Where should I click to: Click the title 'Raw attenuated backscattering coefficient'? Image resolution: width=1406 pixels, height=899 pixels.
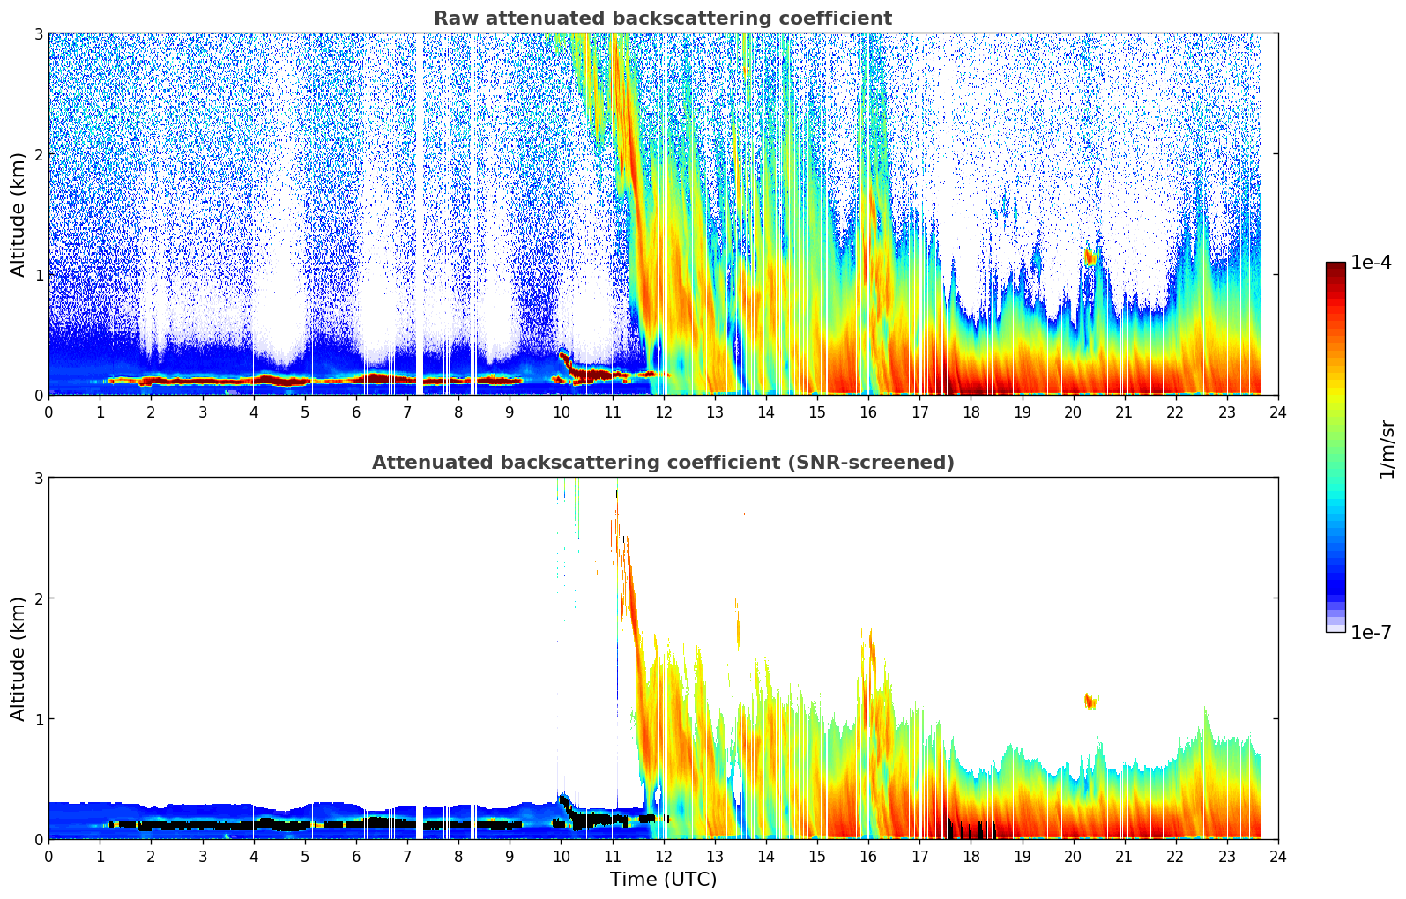(662, 19)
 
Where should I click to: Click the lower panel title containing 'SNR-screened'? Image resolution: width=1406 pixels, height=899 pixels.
(662, 463)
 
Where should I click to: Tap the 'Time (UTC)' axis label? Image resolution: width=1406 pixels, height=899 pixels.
(663, 880)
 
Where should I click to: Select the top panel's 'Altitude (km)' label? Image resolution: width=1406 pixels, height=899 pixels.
(18, 214)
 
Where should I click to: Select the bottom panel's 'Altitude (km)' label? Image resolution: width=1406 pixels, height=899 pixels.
(18, 658)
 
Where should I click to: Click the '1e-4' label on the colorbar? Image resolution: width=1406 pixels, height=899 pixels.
(1371, 263)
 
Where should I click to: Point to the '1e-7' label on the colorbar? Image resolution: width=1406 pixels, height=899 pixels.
(1371, 632)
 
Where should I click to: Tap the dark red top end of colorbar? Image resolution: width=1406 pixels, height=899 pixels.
(1335, 267)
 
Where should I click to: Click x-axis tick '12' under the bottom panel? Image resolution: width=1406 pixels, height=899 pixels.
(663, 857)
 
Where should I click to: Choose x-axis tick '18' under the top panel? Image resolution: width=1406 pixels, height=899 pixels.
(971, 412)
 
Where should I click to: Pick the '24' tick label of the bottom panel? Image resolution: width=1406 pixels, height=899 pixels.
(1278, 857)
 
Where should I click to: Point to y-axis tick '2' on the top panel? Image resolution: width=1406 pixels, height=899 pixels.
(38, 154)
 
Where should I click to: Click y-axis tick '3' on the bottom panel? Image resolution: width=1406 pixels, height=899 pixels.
(38, 478)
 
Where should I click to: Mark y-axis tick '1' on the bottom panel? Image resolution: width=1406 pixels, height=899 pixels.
(38, 719)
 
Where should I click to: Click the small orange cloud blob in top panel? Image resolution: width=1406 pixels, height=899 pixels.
(1090, 256)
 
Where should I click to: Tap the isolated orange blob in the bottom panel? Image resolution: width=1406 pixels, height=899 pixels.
(1090, 702)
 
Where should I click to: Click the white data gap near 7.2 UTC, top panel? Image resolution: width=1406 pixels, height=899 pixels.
(419, 212)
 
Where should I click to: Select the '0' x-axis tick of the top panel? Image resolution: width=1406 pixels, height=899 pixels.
(48, 412)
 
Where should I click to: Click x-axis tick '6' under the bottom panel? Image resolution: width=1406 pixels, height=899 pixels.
(356, 857)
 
